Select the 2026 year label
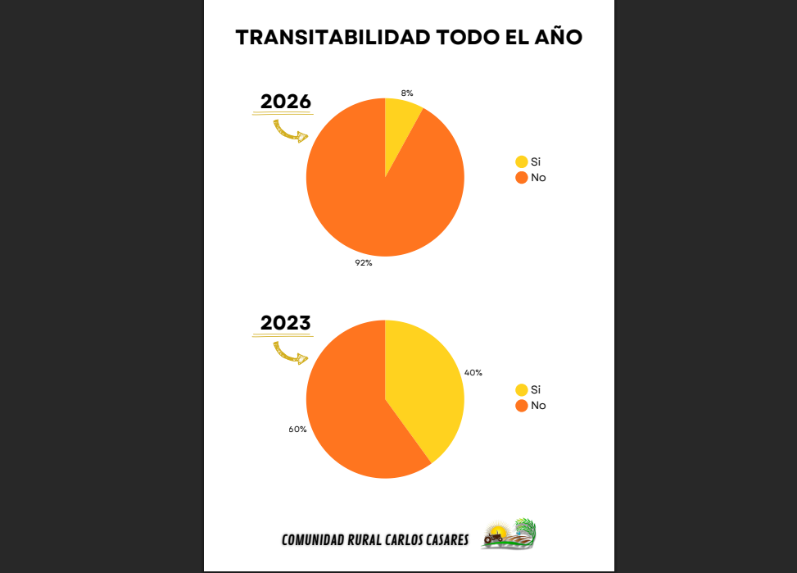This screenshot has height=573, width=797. tap(286, 102)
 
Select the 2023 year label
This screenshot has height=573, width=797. tap(286, 323)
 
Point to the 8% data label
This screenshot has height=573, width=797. tap(407, 93)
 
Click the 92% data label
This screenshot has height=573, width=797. tap(364, 262)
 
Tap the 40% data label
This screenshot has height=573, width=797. tap(473, 372)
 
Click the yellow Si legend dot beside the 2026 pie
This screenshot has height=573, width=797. tap(522, 161)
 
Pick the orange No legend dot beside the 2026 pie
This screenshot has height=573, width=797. tap(522, 177)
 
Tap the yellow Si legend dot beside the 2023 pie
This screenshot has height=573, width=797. tap(522, 389)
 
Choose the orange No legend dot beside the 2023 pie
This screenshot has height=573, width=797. tap(522, 405)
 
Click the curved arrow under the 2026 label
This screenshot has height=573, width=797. tap(290, 131)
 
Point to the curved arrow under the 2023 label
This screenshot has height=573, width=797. tap(290, 353)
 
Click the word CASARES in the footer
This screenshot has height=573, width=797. tap(442, 539)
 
